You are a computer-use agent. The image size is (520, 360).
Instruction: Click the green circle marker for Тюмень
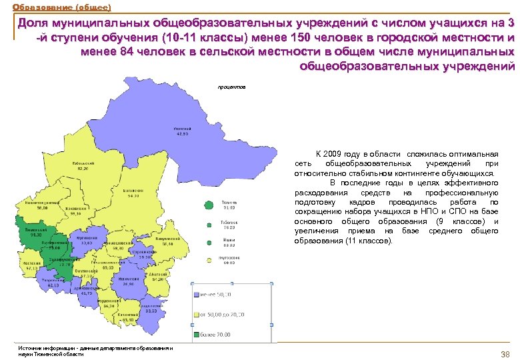pos(209,204)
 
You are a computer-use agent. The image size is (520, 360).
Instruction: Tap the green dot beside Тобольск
pos(209,222)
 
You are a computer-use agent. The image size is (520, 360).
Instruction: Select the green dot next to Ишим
pos(209,241)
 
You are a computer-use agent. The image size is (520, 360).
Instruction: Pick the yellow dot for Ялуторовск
pos(209,259)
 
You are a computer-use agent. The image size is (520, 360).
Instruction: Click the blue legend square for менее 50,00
pos(195,293)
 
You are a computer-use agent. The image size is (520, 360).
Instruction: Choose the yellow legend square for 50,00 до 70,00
pos(195,313)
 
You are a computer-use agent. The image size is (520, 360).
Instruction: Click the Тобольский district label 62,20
pos(83,169)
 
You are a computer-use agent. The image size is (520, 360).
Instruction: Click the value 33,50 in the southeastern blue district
pos(151,311)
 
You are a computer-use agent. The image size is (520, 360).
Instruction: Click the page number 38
pos(505,353)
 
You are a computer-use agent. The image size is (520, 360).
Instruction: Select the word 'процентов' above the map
pos(231,87)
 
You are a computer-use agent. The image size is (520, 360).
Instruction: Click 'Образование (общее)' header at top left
pos(57,7)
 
